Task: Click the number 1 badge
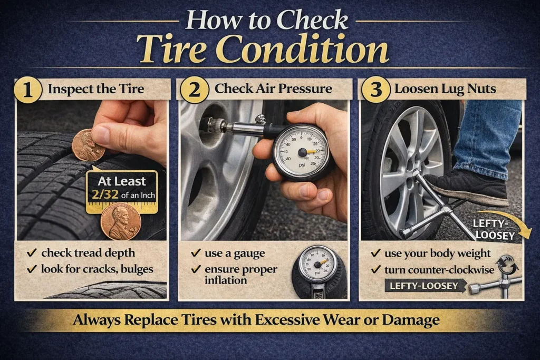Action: coord(28,90)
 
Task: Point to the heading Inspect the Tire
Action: coord(95,89)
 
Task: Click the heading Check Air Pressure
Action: coord(273,89)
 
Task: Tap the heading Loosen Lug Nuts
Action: coord(445,89)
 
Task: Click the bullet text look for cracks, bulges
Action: coord(97,269)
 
